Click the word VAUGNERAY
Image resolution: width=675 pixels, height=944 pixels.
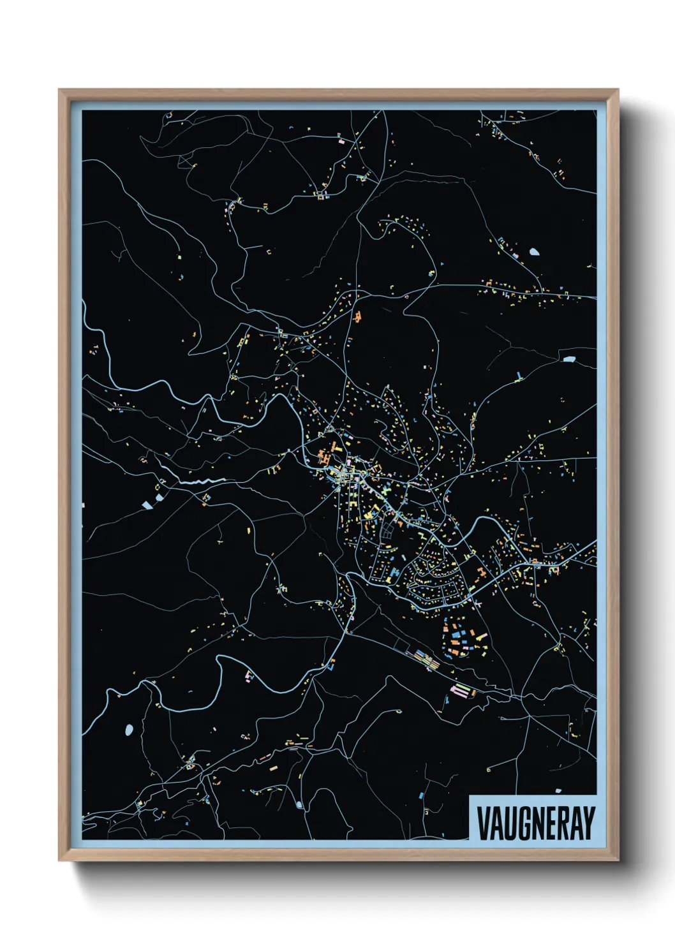click(535, 823)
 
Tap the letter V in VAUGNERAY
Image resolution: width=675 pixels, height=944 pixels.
click(483, 823)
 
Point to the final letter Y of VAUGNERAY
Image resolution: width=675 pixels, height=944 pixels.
click(589, 823)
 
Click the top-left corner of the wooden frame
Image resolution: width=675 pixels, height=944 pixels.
click(60, 91)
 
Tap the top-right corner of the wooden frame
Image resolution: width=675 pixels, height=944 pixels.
click(617, 91)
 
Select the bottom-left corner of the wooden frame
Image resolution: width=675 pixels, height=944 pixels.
click(60, 860)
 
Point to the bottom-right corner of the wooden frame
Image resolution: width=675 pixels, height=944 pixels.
click(617, 860)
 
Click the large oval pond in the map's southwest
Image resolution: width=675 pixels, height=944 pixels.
click(130, 729)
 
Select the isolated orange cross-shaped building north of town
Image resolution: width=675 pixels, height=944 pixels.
click(357, 316)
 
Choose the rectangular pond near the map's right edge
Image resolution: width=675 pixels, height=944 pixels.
click(568, 359)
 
